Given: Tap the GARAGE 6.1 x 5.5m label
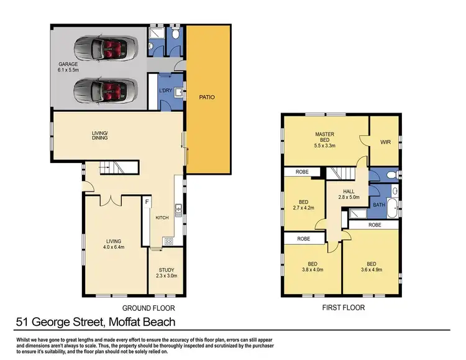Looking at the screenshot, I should pos(68,67).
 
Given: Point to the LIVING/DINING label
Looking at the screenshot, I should pos(99,136).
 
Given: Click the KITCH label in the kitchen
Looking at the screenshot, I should pos(162,218).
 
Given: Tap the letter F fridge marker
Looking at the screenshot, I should pos(147,203).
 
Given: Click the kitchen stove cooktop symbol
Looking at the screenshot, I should pos(168,241).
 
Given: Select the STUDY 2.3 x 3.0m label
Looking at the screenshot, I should pos(166,272).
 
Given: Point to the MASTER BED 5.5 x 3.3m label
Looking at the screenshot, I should pos(325,140).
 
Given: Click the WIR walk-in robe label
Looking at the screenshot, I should pos(385,142).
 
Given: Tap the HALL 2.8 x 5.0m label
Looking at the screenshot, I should pos(347,193).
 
